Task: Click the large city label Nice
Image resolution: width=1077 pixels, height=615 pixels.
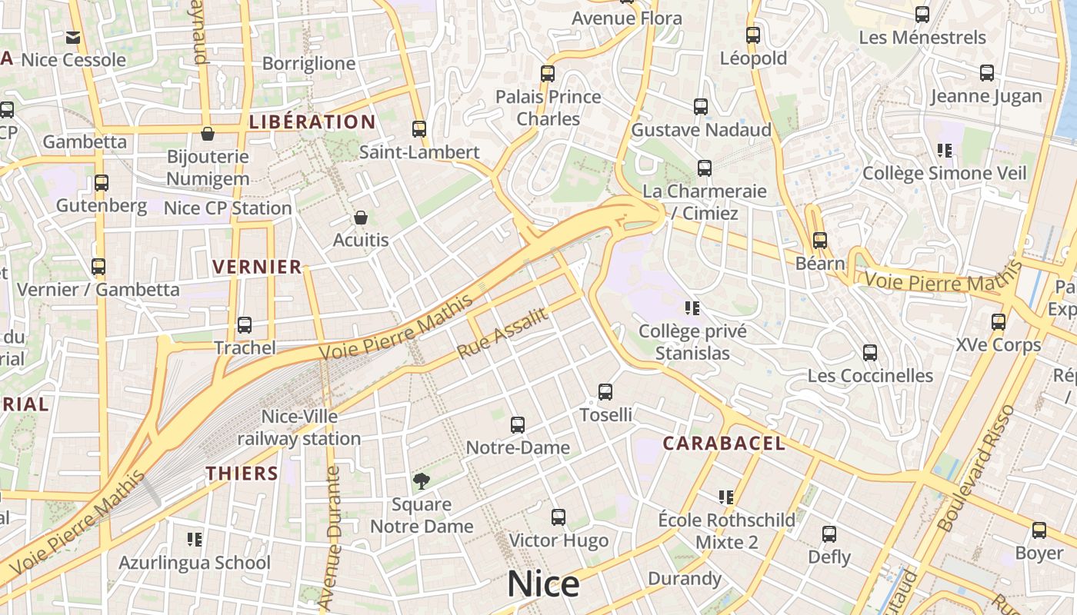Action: pos(543,584)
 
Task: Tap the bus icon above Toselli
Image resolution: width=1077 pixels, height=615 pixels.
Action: pos(605,392)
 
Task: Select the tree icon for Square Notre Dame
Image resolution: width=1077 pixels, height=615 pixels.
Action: pos(421,481)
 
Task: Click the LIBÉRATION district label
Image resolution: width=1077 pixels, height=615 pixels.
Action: pos(312,121)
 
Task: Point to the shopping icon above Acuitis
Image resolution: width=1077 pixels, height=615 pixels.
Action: pos(360,218)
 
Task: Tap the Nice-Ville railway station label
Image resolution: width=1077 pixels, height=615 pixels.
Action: pos(299,427)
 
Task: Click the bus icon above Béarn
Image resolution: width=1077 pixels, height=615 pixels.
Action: pos(820,241)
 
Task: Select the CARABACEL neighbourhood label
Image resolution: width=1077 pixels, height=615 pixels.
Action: pos(724,443)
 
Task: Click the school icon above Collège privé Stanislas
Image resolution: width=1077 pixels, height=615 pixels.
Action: pos(692,308)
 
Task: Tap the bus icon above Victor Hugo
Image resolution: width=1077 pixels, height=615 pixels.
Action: pos(559,517)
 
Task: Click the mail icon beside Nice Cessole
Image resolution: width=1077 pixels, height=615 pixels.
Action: pos(73,37)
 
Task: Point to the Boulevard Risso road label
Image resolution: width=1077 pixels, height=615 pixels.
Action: pos(977,467)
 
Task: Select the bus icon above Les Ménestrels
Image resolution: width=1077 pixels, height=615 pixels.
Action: pos(922,15)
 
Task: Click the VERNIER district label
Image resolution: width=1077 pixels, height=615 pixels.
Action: pos(257,267)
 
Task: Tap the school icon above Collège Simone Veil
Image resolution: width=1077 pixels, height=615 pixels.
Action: pos(945,151)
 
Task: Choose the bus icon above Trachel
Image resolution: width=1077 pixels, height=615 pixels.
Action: pos(245,325)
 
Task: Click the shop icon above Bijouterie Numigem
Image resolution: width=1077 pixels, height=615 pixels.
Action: pos(208,135)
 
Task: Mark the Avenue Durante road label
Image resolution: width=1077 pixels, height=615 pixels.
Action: pos(332,538)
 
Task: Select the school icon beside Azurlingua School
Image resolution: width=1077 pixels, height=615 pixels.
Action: pos(195,540)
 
